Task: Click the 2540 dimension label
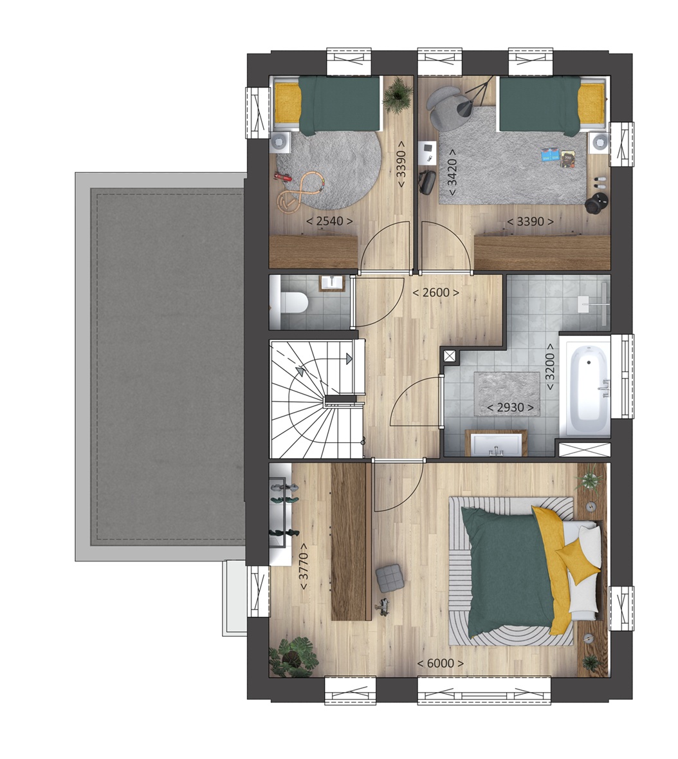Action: click(x=329, y=221)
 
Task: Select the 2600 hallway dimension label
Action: click(x=435, y=292)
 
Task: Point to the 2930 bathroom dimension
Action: click(x=511, y=408)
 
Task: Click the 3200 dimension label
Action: click(x=551, y=368)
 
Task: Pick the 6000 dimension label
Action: click(x=440, y=663)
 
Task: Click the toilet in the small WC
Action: click(x=289, y=302)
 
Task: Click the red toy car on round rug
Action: click(x=284, y=178)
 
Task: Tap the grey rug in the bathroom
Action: click(x=506, y=393)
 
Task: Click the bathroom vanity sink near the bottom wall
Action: click(x=496, y=444)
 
